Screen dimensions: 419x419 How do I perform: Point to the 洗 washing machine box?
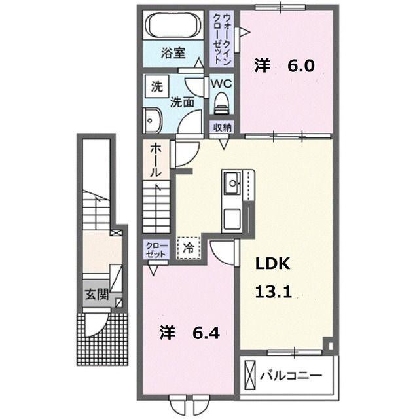pyautogui.click(x=156, y=86)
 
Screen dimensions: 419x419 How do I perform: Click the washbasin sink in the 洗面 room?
pyautogui.click(x=153, y=120)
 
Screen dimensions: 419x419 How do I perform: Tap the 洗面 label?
pyautogui.click(x=183, y=102)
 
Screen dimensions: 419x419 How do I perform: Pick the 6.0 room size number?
pyautogui.click(x=303, y=65)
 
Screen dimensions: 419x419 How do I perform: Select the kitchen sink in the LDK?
pyautogui.click(x=232, y=184)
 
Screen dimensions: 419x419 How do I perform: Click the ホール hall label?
pyautogui.click(x=157, y=160)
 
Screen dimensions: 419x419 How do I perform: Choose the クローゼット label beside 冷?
pyautogui.click(x=157, y=249)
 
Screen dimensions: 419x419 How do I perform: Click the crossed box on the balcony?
pyautogui.click(x=251, y=376)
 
